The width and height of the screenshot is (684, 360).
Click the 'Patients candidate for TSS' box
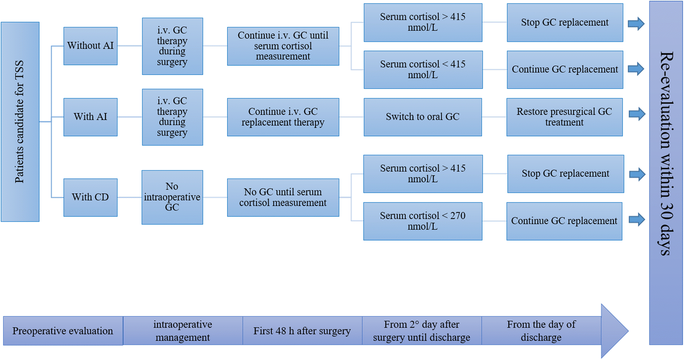[20, 122]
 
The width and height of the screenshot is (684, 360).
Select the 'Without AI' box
[90, 46]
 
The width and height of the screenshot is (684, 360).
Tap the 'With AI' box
[90, 117]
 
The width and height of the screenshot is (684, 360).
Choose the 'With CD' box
[90, 197]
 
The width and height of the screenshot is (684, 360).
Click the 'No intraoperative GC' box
[172, 197]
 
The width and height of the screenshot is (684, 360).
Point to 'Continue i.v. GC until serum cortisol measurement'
[283, 46]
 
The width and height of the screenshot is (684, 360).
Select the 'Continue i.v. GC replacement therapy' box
[283, 117]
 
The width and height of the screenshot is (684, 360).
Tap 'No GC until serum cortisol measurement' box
[283, 198]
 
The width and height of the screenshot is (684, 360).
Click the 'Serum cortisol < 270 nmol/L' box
[422, 221]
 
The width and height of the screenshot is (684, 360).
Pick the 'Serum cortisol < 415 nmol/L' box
[423, 70]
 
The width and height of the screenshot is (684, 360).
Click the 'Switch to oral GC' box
[422, 117]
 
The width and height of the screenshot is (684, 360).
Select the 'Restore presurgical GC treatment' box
[564, 117]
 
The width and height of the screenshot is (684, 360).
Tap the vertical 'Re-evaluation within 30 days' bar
[666, 173]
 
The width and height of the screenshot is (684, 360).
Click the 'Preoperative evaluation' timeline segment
[63, 331]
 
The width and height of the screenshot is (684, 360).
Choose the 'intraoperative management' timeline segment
[183, 331]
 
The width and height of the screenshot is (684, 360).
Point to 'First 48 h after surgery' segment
[302, 331]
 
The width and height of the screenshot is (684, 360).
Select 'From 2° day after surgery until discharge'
[422, 331]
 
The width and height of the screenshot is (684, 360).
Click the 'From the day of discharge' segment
[541, 331]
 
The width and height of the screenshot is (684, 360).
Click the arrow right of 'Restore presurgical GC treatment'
[636, 114]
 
